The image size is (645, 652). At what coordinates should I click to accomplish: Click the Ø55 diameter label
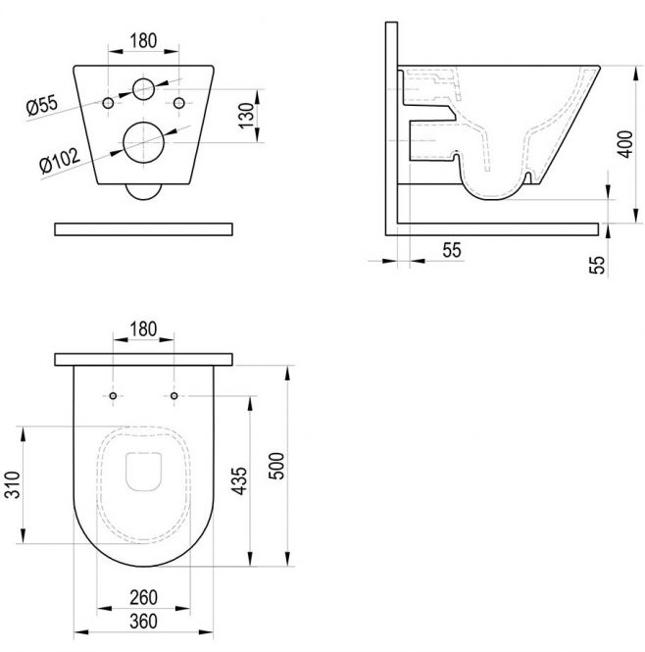[42, 105]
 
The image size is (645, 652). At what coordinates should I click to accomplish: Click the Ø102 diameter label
[60, 161]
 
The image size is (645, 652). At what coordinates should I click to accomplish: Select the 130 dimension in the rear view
[246, 116]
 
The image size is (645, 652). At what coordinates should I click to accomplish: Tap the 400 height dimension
[624, 144]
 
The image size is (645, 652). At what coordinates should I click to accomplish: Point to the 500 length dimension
[276, 466]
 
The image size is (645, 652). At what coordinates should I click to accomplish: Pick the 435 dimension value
[239, 481]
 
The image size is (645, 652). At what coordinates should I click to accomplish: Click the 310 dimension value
[12, 485]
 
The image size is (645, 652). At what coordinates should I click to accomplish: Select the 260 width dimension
[143, 597]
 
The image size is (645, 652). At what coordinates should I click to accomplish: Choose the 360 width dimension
[143, 622]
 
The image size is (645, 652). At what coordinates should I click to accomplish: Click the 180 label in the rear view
[143, 41]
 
